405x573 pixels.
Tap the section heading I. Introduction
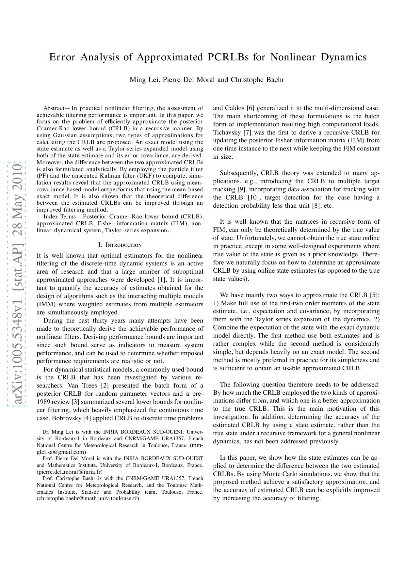click(120, 245)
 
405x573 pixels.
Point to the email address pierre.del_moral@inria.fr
click(70, 472)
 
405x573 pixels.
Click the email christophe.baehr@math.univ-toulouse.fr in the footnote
click(88, 499)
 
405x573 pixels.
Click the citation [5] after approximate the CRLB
click(374, 295)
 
